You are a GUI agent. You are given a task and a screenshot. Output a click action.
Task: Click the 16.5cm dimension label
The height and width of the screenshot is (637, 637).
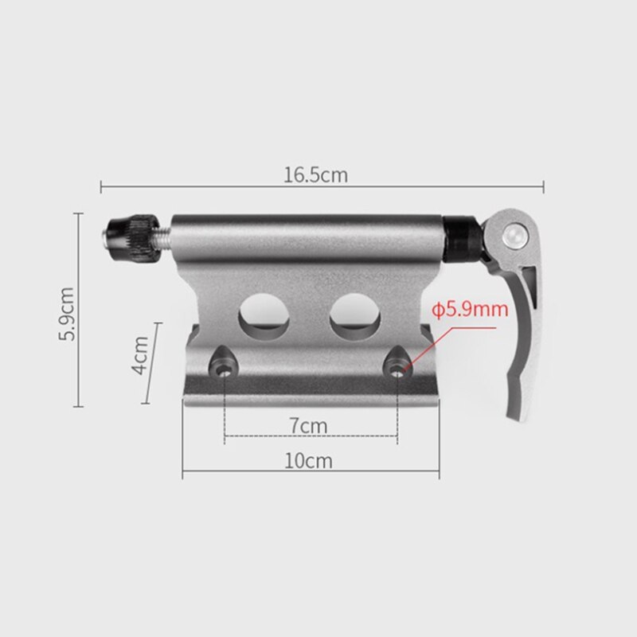[316, 175]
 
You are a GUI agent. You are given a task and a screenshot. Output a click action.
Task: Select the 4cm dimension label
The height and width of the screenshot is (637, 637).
[140, 358]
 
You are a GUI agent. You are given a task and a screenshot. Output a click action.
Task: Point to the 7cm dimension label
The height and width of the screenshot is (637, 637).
[308, 425]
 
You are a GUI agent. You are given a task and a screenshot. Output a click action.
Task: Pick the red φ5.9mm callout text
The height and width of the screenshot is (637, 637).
[470, 309]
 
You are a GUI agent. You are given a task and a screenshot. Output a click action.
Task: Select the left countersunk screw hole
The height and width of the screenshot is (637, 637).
[224, 367]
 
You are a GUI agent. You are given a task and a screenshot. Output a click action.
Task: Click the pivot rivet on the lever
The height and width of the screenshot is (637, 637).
[515, 234]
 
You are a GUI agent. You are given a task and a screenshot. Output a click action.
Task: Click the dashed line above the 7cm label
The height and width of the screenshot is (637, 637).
[311, 436]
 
